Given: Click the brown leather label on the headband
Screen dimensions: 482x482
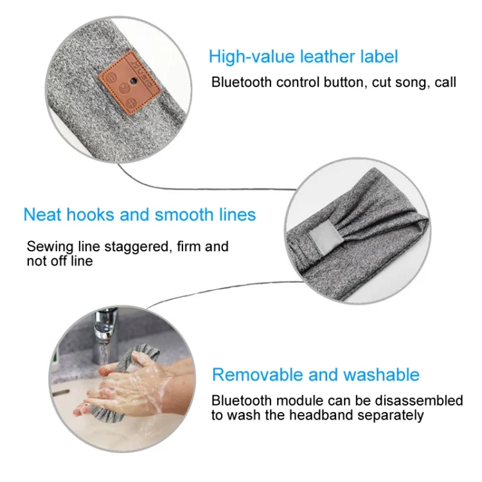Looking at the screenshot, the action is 129,82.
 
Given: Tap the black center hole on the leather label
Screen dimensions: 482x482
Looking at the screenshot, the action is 133,81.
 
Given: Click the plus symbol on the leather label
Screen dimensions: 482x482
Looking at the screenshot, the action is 132,102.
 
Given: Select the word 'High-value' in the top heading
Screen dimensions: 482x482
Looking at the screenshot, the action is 251,57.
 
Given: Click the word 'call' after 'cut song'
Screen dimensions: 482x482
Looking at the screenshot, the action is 445,82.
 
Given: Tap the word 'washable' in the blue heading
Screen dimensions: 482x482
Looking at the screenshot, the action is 381,375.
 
